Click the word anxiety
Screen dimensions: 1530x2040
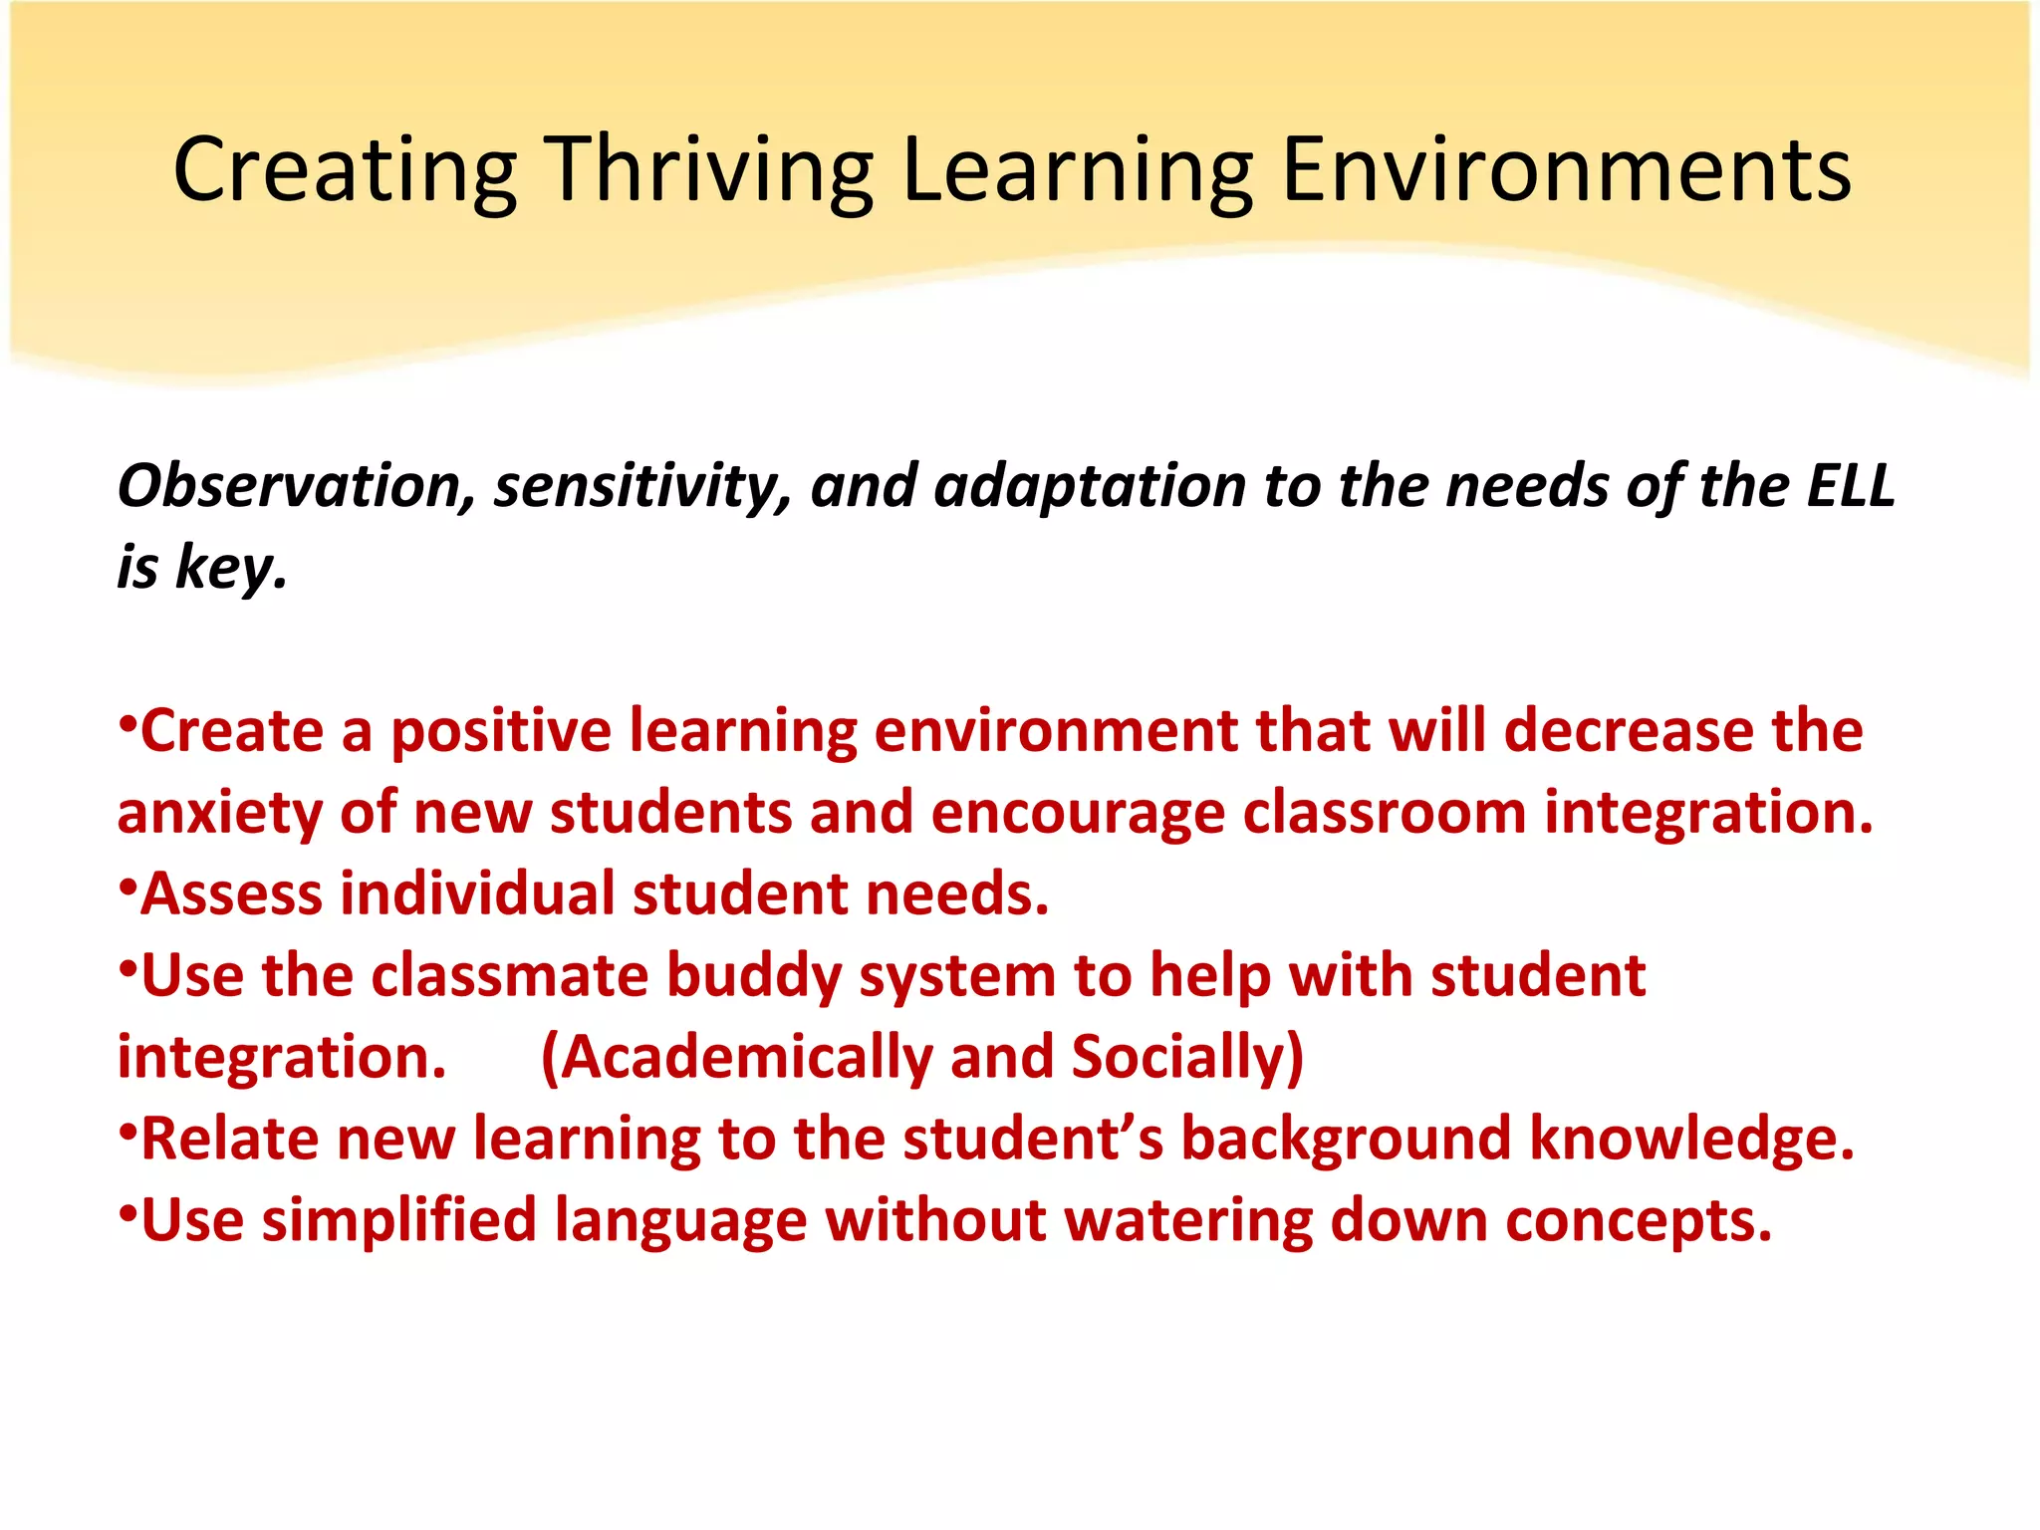218,813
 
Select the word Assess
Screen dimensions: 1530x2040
232,893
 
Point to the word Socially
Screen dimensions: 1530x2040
1185,1057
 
